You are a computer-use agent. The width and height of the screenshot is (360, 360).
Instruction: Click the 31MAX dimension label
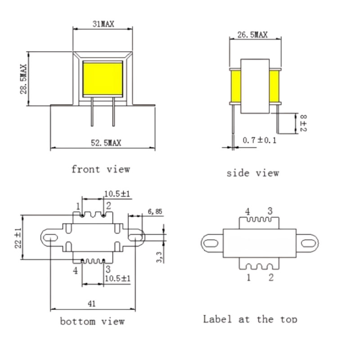point(103,24)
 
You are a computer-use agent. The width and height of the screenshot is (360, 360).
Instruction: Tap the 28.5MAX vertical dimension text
point(23,79)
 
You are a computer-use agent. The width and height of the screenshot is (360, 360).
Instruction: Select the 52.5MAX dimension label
point(106,143)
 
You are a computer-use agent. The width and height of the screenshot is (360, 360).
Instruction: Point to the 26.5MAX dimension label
point(252,35)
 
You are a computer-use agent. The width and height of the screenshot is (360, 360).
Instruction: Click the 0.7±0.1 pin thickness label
point(260,140)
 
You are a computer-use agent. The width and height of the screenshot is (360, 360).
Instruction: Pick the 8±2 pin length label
point(303,123)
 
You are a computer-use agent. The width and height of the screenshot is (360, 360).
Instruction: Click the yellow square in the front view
point(103,79)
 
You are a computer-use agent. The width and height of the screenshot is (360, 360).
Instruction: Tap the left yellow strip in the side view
point(236,86)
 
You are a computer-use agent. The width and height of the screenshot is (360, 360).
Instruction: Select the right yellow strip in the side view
point(274,86)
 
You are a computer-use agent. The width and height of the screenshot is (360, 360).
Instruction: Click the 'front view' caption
point(101,169)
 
